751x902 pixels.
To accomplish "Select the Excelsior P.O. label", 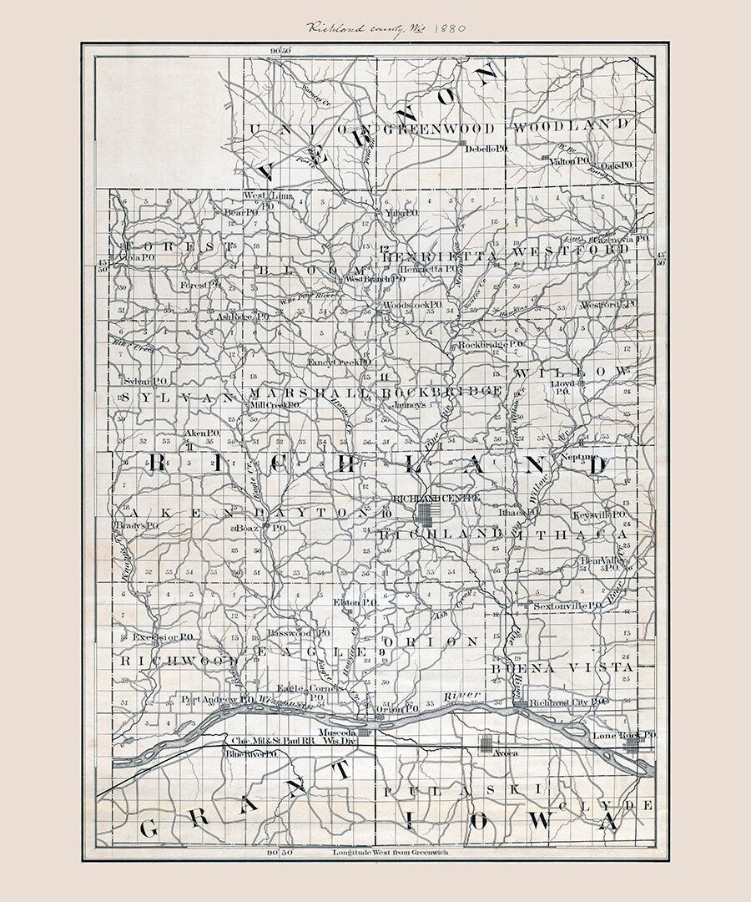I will click(163, 636).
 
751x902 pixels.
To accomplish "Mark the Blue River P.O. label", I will click(250, 754).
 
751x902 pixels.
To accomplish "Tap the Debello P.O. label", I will click(487, 149).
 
